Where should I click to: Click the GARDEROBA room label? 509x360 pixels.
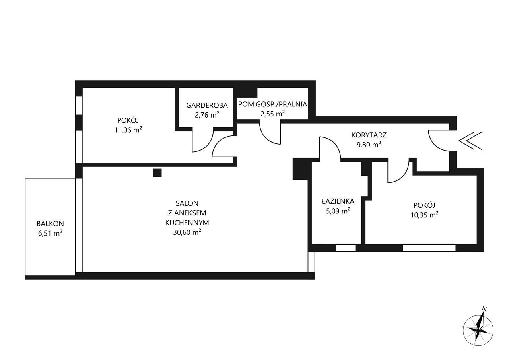207,105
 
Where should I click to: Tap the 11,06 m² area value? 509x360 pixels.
128,130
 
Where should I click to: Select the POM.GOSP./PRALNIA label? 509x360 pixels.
272,104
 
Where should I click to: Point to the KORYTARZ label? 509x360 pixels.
369,135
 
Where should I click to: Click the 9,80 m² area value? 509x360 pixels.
369,145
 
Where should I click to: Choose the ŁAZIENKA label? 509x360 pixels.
338,201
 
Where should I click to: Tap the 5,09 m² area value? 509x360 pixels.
338,211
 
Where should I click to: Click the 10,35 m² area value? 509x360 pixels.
424,215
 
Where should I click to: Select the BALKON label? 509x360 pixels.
50,224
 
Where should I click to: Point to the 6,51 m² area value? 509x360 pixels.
50,233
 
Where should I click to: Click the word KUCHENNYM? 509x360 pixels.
187,223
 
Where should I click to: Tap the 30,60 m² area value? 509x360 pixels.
187,232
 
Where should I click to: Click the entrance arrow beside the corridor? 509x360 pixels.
470,141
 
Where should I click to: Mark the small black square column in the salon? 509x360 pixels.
157,173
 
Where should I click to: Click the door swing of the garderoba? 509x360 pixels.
208,146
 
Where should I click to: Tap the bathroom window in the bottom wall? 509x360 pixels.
346,248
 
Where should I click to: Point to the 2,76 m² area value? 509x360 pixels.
207,115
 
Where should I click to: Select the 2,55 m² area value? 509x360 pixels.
272,114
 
